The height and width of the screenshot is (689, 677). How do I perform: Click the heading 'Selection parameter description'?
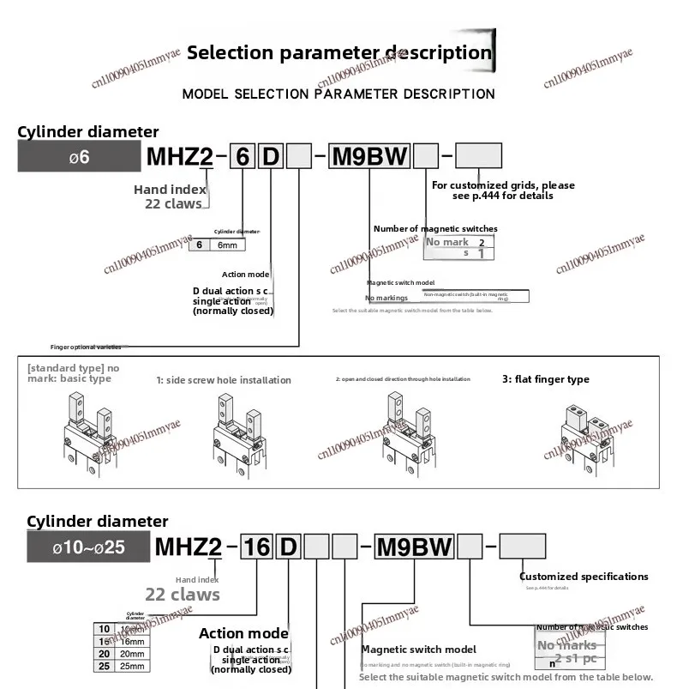point(339,52)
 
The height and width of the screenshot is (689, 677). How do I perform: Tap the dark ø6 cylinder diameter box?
point(79,158)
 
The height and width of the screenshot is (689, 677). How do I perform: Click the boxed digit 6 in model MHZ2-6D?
point(243,157)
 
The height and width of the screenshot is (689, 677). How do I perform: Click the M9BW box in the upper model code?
point(369,157)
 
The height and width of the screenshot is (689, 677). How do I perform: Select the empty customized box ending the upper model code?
point(478,157)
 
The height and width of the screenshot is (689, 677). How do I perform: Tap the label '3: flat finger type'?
point(545,379)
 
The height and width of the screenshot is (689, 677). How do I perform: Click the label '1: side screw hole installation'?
point(224,380)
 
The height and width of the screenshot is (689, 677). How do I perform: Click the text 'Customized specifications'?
point(584,577)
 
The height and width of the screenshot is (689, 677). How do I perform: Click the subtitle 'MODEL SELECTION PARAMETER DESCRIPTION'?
point(338,94)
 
